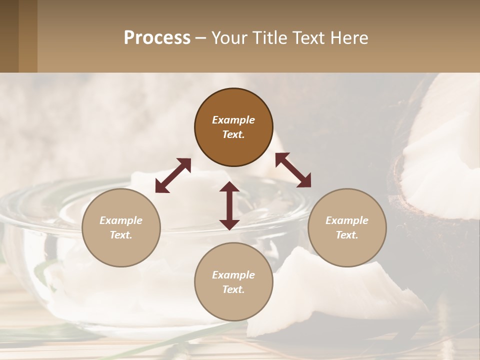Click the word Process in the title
tap(157, 38)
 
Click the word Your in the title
tap(230, 38)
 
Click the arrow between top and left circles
tap(173, 175)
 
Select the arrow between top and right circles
tap(293, 170)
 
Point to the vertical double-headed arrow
tap(229, 205)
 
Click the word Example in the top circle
tap(233, 120)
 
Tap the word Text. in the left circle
tap(121, 235)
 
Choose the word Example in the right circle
tap(347, 220)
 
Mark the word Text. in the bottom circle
tap(233, 289)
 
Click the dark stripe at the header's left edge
tap(9, 36)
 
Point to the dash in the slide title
tap(200, 38)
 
